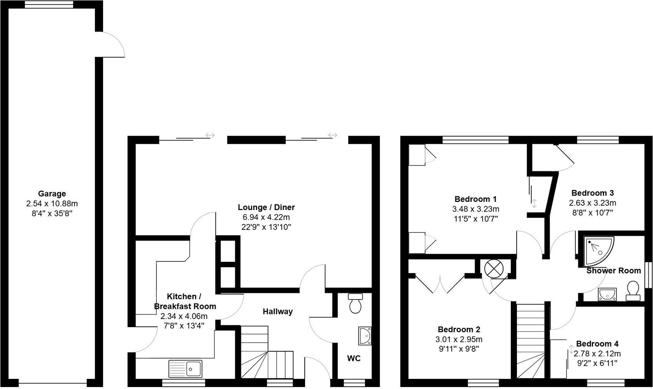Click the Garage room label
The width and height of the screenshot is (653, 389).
52,194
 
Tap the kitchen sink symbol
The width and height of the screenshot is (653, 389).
185,369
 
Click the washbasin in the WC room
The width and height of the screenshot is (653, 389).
365,336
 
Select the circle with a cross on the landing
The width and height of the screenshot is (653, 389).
494,269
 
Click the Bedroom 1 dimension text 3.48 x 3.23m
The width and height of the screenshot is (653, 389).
476,209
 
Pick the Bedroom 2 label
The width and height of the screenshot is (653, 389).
459,329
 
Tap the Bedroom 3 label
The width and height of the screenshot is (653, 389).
592,193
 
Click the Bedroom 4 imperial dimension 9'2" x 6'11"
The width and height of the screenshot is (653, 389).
597,363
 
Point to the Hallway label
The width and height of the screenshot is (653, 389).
278,312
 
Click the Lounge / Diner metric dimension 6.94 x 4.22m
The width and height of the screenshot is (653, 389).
266,217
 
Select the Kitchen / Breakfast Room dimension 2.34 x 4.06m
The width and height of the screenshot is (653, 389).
184,316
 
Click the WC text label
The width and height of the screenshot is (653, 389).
354,358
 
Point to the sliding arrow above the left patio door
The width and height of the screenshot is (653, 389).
210,135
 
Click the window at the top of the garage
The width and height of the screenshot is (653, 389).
49,4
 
